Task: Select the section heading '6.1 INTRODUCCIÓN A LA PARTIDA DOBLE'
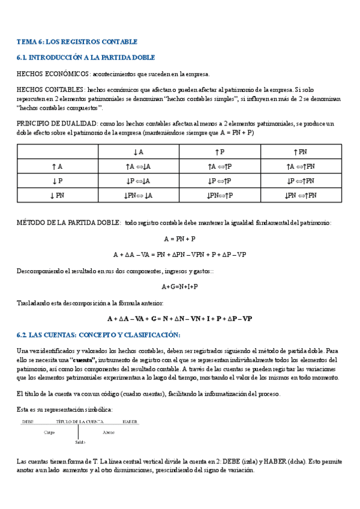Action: click(86, 58)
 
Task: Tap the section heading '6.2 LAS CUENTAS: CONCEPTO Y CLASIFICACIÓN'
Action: click(98, 334)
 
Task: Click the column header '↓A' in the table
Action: click(139, 152)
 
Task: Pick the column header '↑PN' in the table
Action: click(301, 152)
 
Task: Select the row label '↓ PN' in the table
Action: click(58, 195)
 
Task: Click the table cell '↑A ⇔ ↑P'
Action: click(220, 167)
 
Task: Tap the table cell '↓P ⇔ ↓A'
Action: click(139, 181)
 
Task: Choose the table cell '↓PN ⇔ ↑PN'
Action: click(301, 195)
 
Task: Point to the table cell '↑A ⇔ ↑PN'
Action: click(301, 167)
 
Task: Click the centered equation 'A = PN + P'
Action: click(179, 239)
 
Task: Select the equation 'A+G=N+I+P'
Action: click(179, 286)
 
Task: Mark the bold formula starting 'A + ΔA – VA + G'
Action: click(179, 319)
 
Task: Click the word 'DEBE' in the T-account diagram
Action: click(28, 421)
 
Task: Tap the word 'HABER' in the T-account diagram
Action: click(130, 421)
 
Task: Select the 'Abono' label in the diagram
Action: click(109, 432)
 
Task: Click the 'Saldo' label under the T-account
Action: click(80, 442)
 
